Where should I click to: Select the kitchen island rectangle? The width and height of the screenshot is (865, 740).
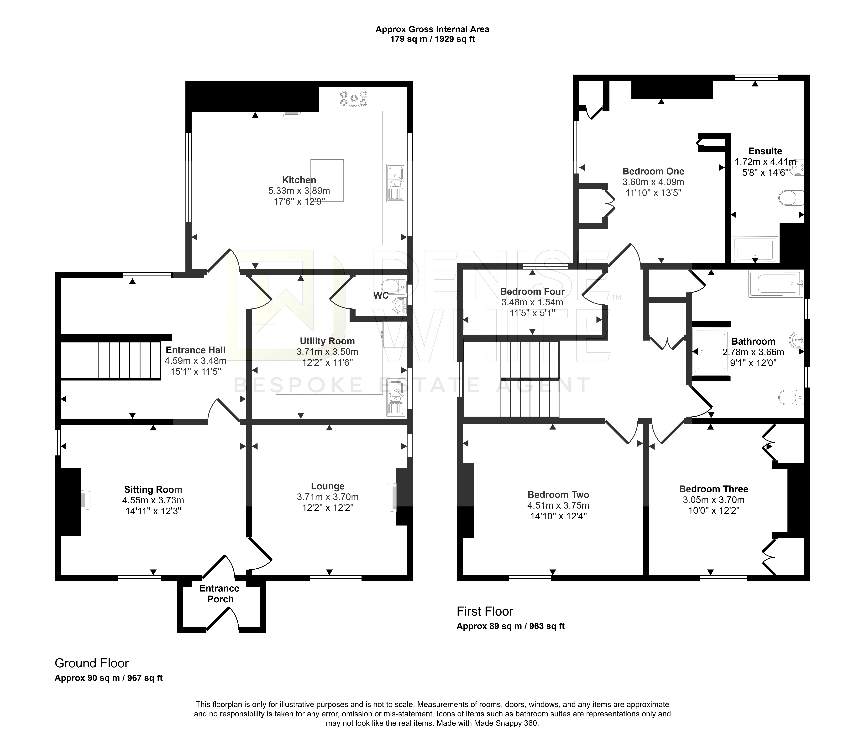pos(327,180)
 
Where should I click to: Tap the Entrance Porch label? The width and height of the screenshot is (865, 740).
pos(220,594)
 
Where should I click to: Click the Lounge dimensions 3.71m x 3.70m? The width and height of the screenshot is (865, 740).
pos(328,497)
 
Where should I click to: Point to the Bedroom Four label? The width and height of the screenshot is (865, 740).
pos(532,292)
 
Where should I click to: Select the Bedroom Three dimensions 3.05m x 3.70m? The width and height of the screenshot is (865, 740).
pos(714,500)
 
